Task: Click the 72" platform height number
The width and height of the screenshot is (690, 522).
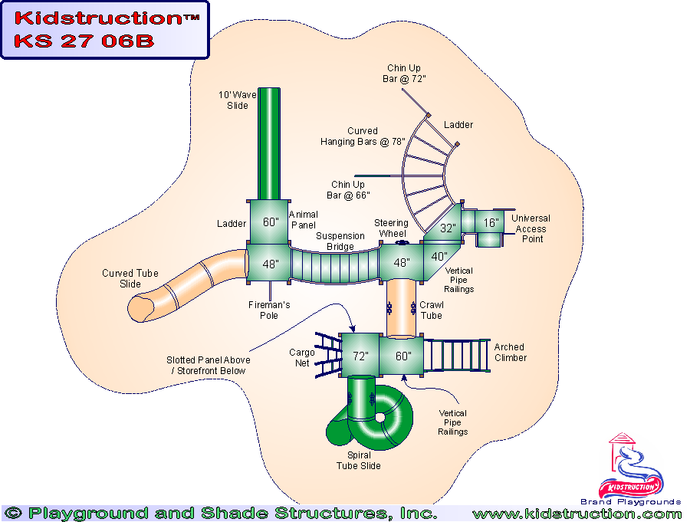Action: pyautogui.click(x=360, y=356)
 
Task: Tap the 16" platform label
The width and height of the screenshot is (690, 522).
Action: pyautogui.click(x=491, y=223)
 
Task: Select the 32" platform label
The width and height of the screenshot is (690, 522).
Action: pyautogui.click(x=448, y=228)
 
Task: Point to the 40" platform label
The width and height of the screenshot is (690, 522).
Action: pyautogui.click(x=439, y=256)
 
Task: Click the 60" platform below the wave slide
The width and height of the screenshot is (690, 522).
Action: pyautogui.click(x=270, y=223)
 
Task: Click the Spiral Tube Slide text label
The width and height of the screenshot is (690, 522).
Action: pyautogui.click(x=358, y=461)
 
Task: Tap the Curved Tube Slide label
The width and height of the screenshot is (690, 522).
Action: pyautogui.click(x=130, y=278)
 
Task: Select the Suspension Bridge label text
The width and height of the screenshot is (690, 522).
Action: pyautogui.click(x=340, y=241)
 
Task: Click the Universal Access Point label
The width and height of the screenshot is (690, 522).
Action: pyautogui.click(x=531, y=228)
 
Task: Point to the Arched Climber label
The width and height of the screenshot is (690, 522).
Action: pyautogui.click(x=510, y=353)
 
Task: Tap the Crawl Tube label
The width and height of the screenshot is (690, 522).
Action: pyautogui.click(x=431, y=310)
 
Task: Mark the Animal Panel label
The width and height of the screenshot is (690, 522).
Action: pyautogui.click(x=302, y=220)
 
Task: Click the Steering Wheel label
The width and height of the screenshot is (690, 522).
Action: pyautogui.click(x=391, y=228)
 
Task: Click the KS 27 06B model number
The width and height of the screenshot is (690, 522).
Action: pyautogui.click(x=84, y=41)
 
